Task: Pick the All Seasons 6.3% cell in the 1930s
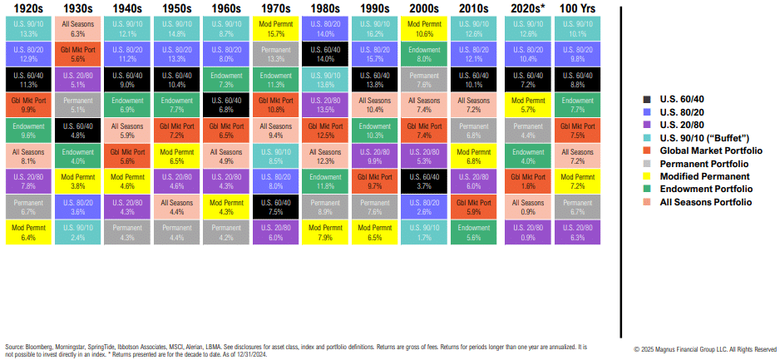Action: click(x=78, y=30)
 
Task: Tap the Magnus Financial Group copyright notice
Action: click(x=704, y=349)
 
